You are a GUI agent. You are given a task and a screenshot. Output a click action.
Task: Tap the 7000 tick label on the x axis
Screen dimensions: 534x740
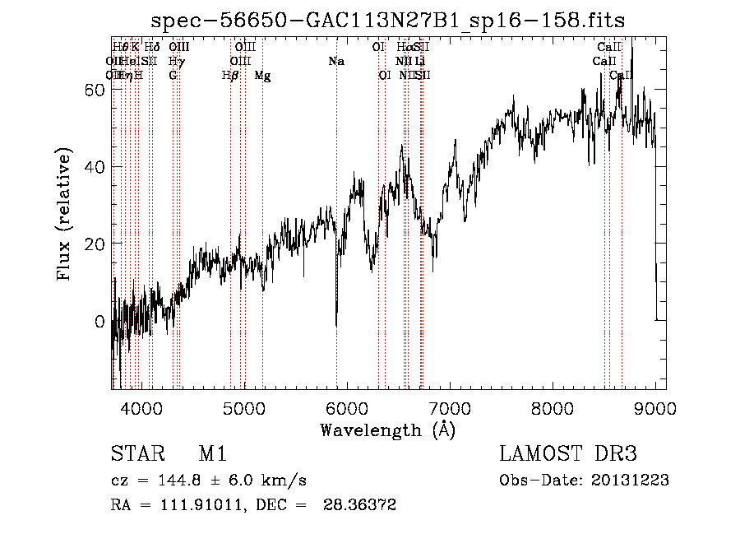[x=449, y=407]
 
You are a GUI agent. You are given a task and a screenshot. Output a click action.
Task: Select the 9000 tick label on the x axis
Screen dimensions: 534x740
[x=654, y=407]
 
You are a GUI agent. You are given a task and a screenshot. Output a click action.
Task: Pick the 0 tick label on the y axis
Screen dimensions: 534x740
[x=99, y=322]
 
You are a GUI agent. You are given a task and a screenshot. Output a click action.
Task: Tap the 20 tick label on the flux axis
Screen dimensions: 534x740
[x=95, y=244]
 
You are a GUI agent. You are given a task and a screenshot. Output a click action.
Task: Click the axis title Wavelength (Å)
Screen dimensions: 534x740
[x=388, y=430]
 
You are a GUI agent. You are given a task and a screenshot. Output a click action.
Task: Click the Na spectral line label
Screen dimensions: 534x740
[x=335, y=62]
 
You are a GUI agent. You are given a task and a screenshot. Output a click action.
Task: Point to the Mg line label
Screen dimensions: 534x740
[x=262, y=76]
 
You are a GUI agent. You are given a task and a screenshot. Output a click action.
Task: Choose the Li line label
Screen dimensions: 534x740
[x=419, y=62]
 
